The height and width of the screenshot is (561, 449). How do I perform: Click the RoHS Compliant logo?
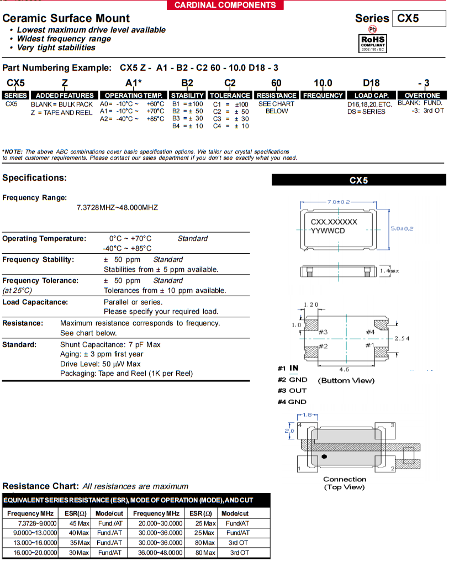pyautogui.click(x=372, y=43)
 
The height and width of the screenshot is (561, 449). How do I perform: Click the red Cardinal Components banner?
pyautogui.click(x=225, y=5)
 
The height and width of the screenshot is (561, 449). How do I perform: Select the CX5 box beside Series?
pyautogui.click(x=419, y=18)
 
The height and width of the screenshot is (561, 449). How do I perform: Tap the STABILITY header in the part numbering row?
pyautogui.click(x=187, y=96)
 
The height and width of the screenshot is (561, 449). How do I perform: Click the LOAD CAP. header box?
pyautogui.click(x=372, y=96)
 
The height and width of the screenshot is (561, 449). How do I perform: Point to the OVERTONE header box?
pyautogui.click(x=422, y=96)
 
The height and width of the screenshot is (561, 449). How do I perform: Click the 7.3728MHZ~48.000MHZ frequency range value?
pyautogui.click(x=117, y=207)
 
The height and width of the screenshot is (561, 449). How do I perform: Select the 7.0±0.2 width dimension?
pyautogui.click(x=339, y=202)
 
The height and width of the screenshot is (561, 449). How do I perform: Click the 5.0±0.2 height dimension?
pyautogui.click(x=402, y=228)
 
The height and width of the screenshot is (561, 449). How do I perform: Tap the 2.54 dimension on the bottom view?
pyautogui.click(x=402, y=338)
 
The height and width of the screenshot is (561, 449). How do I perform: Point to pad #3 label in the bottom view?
pyautogui.click(x=323, y=332)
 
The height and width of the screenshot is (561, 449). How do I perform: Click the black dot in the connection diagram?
pyautogui.click(x=324, y=456)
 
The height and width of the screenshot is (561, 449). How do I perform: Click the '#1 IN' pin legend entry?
pyautogui.click(x=288, y=368)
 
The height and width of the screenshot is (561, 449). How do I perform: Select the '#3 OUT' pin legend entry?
pyautogui.click(x=292, y=391)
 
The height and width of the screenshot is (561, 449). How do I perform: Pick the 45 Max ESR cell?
pyautogui.click(x=79, y=523)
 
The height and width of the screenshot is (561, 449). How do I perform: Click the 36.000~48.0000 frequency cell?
pyautogui.click(x=161, y=552)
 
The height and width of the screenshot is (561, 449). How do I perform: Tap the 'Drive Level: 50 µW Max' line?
pyautogui.click(x=100, y=364)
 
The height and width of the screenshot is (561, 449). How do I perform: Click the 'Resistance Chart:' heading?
pyautogui.click(x=40, y=486)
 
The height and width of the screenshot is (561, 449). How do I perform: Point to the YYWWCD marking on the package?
pyautogui.click(x=328, y=231)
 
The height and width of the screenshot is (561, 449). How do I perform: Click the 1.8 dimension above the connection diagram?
pyautogui.click(x=307, y=415)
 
